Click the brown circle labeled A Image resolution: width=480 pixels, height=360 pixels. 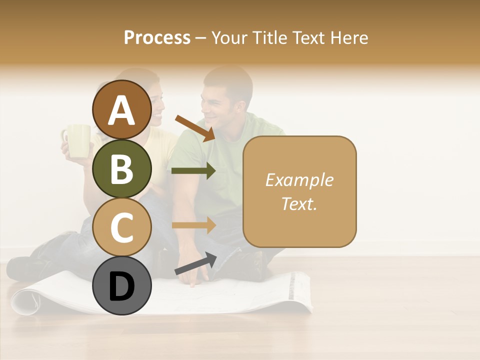tap(122, 109)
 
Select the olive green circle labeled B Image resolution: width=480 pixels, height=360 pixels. tap(122, 168)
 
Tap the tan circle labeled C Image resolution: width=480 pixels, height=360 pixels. tap(122, 227)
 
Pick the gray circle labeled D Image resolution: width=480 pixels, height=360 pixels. tap(122, 286)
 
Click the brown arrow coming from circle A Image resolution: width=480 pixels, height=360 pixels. tap(194, 128)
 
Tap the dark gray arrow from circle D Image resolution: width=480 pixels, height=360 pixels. tap(195, 263)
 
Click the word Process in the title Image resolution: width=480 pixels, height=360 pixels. tap(157, 37)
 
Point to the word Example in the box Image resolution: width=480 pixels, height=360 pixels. tap(299, 180)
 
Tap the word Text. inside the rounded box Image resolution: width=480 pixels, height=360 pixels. tap(299, 203)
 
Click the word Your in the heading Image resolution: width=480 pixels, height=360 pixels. tap(228, 37)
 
